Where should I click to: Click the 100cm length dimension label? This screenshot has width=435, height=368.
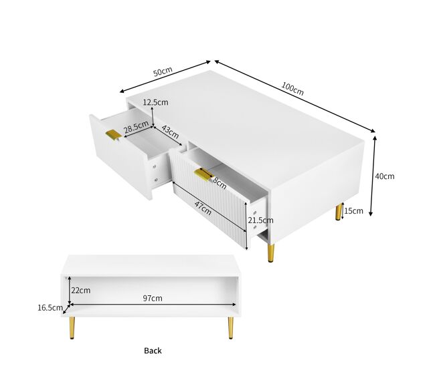click(x=292, y=89)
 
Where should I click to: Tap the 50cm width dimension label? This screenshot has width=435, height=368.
click(x=163, y=71)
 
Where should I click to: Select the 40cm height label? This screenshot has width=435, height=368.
click(x=385, y=176)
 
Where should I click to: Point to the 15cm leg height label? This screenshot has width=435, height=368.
click(x=353, y=211)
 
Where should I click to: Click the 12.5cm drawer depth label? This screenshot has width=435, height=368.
click(x=156, y=102)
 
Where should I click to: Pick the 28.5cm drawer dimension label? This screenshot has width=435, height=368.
click(x=137, y=126)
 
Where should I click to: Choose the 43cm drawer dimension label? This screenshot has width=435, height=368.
click(x=170, y=132)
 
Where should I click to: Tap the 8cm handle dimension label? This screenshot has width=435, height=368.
click(x=220, y=184)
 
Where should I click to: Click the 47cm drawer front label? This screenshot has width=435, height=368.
click(x=203, y=208)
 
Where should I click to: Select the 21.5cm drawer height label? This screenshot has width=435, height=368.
click(x=260, y=220)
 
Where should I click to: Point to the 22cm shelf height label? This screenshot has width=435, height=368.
click(x=81, y=291)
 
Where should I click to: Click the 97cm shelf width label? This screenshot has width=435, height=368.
click(x=153, y=299)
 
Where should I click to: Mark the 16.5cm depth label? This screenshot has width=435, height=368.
click(x=50, y=308)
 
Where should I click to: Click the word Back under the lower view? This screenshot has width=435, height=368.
click(x=153, y=351)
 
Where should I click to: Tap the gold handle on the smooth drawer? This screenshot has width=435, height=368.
click(x=114, y=134)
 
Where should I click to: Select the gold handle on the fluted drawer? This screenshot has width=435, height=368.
click(x=203, y=174)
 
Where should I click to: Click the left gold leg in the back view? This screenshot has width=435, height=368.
click(x=72, y=328)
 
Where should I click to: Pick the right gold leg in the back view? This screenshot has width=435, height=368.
click(x=230, y=328)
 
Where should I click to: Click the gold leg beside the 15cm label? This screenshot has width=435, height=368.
click(x=339, y=212)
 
